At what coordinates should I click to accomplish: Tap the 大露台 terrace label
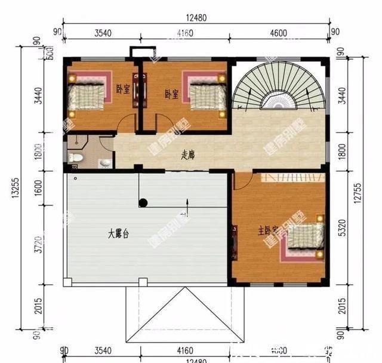pyautogui.click(x=118, y=234)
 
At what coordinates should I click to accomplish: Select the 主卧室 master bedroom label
pyautogui.click(x=269, y=230)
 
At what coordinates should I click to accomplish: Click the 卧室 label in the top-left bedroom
pyautogui.click(x=123, y=90)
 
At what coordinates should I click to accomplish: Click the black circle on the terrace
pyautogui.click(x=143, y=202)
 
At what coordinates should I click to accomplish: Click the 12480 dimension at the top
pyautogui.click(x=195, y=18)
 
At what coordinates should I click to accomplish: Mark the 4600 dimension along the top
pyautogui.click(x=278, y=33)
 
